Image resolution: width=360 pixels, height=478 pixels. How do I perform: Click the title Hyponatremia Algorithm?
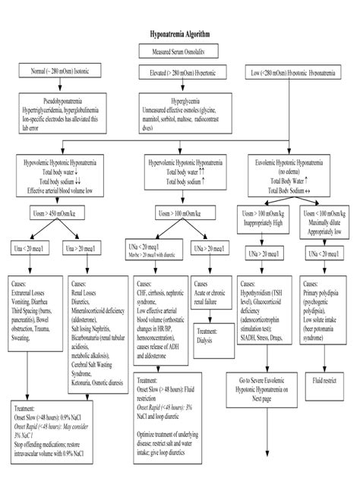coord(179,35)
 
